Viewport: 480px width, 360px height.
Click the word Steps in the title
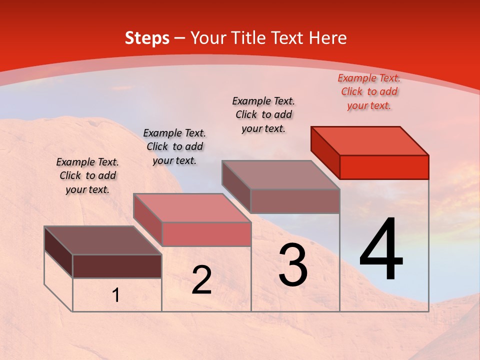(147, 38)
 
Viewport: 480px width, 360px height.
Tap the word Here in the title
(327, 38)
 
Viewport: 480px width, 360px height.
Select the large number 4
(381, 250)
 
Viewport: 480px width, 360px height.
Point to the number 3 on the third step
(293, 265)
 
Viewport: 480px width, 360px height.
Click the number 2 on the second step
(201, 280)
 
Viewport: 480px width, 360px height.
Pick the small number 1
(116, 295)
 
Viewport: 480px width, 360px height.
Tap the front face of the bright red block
(384, 167)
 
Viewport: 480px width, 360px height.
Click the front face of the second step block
(206, 234)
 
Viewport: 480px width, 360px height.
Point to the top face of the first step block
(103, 240)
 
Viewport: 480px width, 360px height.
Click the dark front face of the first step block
(117, 266)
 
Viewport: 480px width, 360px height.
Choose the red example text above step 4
(369, 92)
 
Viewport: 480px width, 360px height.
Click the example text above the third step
(263, 114)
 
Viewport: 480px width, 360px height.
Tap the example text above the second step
(174, 146)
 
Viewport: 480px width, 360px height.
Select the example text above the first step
(87, 175)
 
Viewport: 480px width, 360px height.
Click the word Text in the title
(291, 38)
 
